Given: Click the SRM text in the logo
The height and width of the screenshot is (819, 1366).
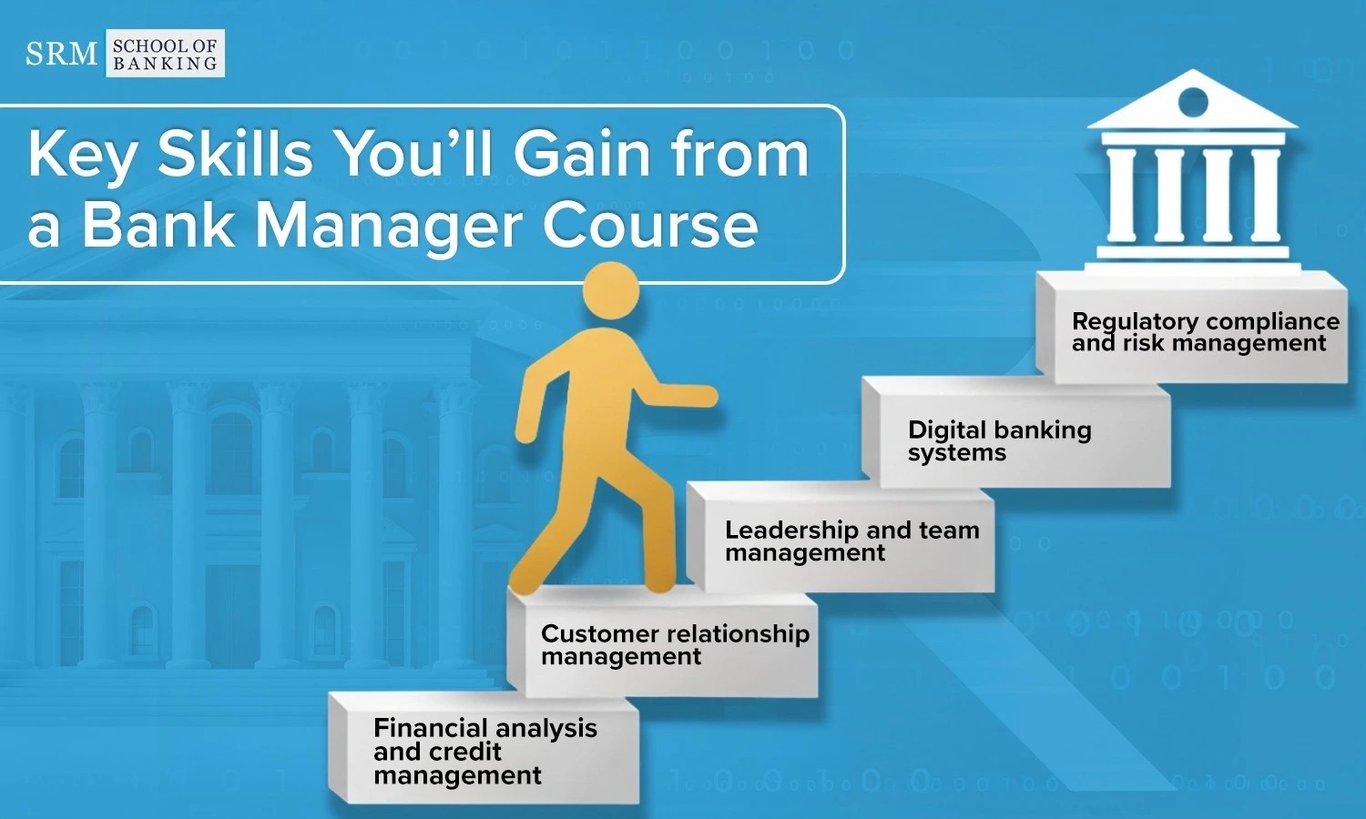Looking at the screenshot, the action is (x=61, y=54).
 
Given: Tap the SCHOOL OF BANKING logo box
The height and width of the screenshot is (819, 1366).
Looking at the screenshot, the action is (x=165, y=54).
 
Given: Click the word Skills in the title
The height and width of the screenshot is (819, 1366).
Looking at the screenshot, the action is (x=235, y=153).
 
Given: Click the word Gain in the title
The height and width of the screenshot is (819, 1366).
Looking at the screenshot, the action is (x=583, y=153).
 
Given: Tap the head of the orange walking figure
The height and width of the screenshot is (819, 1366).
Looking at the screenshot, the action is (x=611, y=290).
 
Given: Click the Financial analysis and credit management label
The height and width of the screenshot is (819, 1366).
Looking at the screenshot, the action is (x=485, y=752).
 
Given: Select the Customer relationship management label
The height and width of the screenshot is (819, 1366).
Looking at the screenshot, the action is (x=675, y=644).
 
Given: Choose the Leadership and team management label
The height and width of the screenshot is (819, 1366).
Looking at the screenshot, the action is (x=851, y=541).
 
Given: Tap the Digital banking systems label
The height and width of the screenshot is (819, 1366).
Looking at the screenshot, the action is (x=1000, y=441).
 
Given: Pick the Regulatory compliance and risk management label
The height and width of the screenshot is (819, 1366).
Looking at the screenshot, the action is (x=1206, y=332).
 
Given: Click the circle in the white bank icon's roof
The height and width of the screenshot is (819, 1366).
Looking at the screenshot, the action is (x=1193, y=101).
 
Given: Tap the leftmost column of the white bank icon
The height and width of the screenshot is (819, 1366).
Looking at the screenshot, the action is (x=1121, y=194).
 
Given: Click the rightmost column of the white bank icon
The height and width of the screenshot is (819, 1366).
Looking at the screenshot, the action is (x=1266, y=194).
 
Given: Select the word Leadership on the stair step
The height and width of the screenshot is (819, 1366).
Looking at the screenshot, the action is (x=791, y=531).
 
